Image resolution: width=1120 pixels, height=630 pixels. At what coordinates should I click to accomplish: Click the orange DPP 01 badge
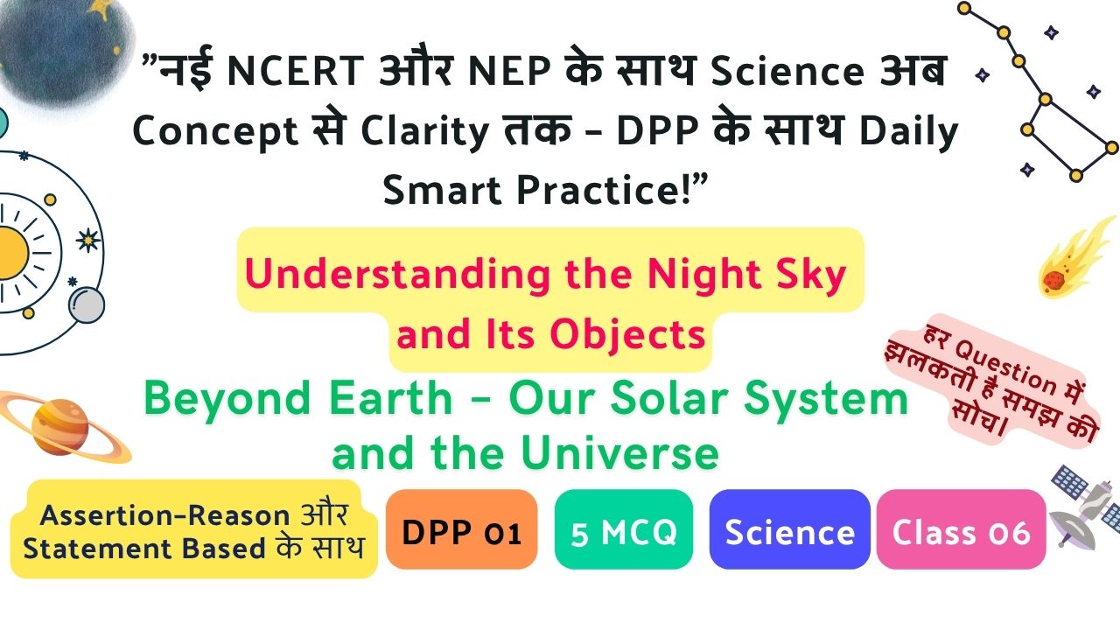tap(461, 529)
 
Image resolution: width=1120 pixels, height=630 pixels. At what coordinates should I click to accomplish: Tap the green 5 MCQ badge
tap(624, 529)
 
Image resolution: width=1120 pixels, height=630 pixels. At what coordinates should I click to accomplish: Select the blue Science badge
tap(789, 529)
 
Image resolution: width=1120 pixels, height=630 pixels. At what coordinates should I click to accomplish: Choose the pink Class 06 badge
tap(961, 529)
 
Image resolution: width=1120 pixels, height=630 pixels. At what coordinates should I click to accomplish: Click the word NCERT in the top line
tap(295, 71)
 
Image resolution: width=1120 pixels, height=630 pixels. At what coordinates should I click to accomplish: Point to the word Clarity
tap(424, 131)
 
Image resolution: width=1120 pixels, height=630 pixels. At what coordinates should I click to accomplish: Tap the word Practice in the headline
tap(598, 190)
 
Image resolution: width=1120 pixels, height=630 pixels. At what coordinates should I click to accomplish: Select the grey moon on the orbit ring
tap(87, 305)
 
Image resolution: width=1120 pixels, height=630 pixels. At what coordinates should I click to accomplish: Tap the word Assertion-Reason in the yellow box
tap(165, 515)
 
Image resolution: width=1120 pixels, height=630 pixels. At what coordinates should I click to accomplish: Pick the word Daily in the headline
tap(908, 131)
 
